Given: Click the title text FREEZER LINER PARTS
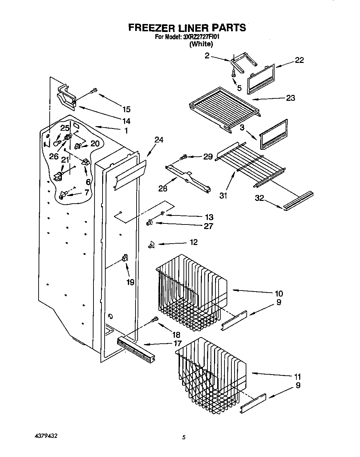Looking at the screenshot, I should coord(187,28).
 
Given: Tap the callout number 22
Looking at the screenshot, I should coord(299,60).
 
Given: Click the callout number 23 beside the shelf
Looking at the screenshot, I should coord(290,98).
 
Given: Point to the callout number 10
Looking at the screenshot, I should coord(278,293).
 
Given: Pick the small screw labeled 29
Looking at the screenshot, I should coord(183,158).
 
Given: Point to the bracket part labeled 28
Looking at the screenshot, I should coord(188,178).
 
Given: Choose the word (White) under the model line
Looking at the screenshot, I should coord(201,44).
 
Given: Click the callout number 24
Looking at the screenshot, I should coord(159,140).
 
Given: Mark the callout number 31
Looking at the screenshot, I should coord(223,196).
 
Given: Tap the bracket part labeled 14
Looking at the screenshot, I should coord(66,96).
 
